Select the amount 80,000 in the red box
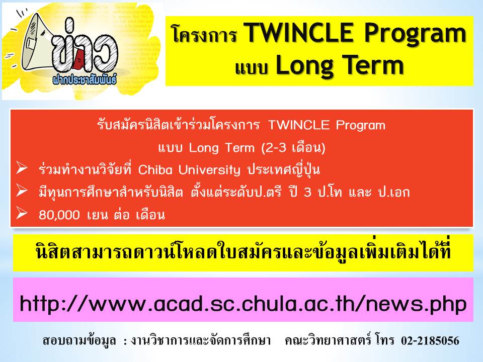click(x=58, y=215)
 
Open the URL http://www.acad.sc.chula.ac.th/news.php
click(x=243, y=303)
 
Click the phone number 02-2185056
click(x=430, y=341)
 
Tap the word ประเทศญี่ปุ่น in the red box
click(x=285, y=170)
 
